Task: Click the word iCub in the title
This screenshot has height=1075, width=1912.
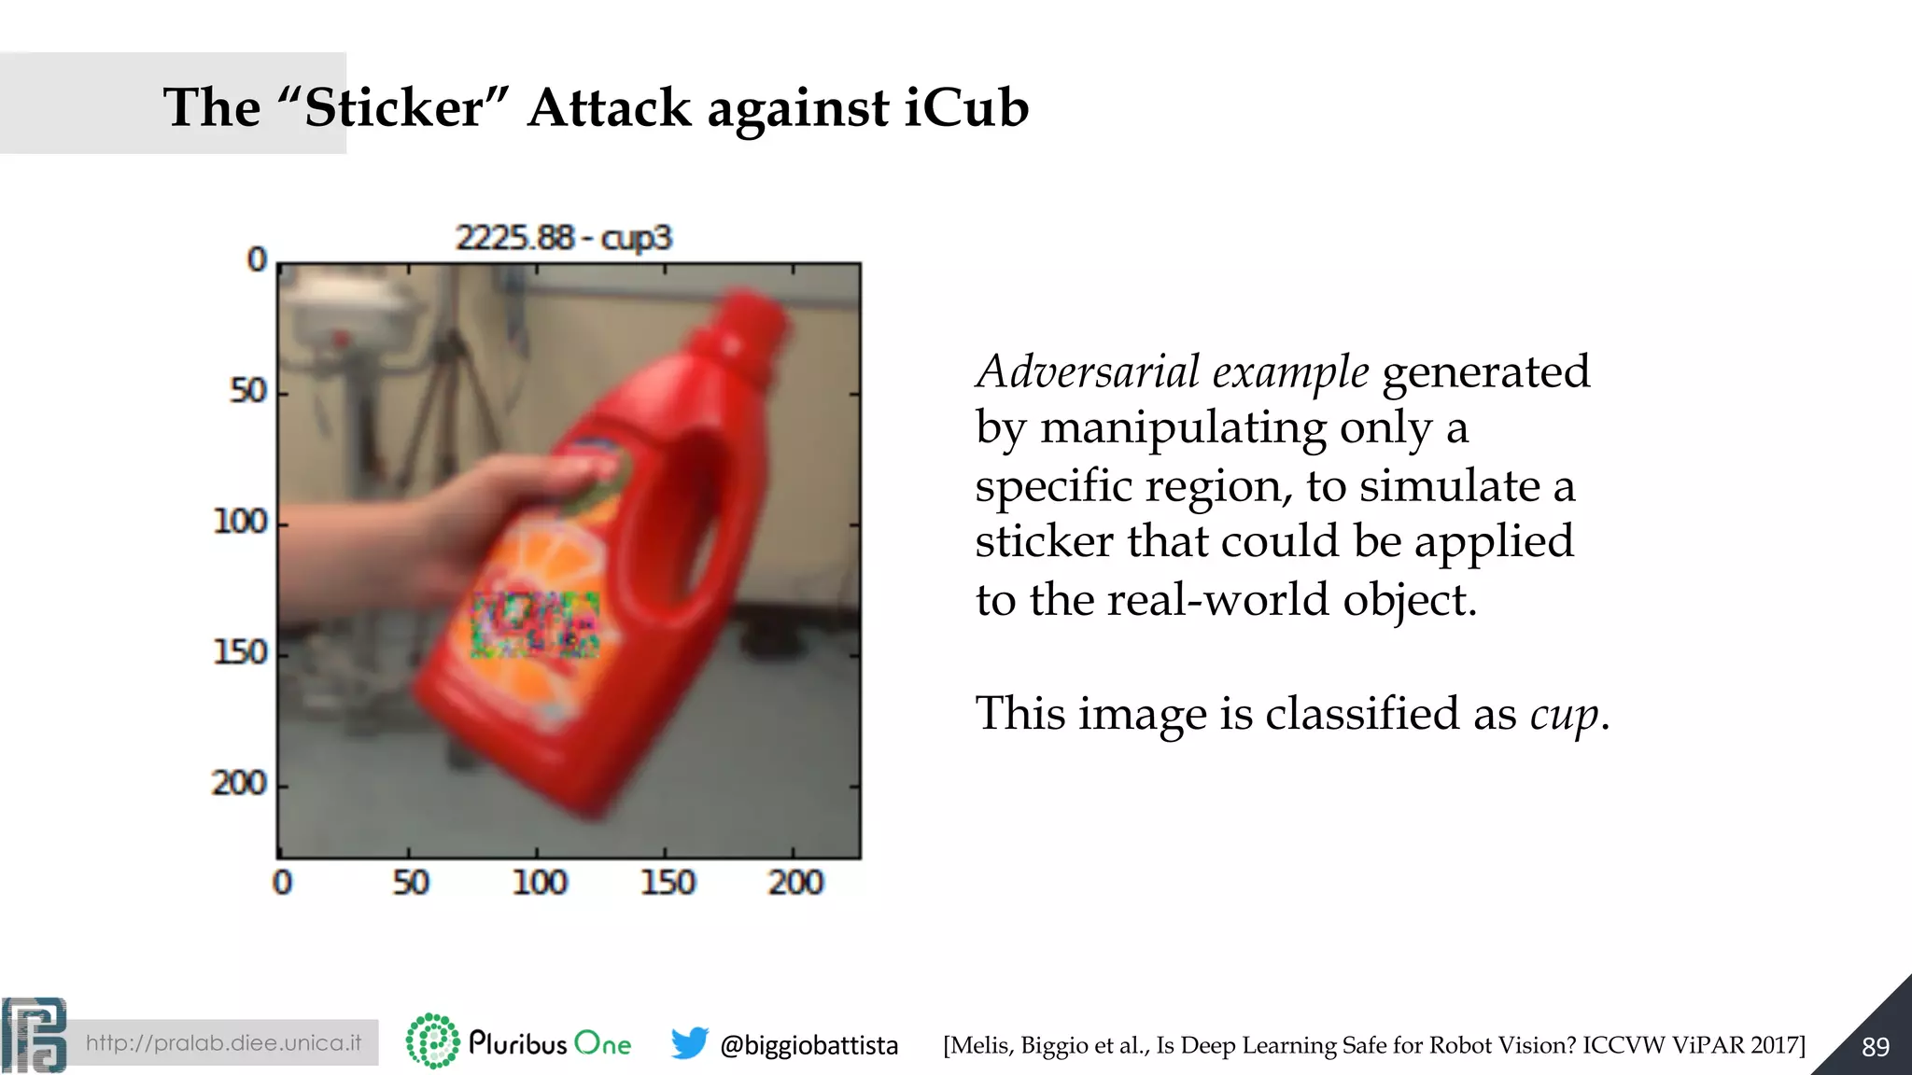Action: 965,107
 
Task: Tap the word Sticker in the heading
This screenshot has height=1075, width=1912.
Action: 393,107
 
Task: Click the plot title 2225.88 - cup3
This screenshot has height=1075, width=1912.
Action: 563,238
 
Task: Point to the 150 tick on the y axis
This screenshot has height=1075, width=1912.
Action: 241,651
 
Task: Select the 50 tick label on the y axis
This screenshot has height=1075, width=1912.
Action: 248,390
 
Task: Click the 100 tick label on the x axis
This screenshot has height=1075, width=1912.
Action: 539,882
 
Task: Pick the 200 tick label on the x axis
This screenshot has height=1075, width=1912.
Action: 795,882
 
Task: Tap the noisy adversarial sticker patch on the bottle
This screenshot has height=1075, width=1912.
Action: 535,624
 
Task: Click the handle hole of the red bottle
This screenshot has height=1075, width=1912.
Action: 705,523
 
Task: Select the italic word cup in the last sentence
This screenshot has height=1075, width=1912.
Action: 1564,715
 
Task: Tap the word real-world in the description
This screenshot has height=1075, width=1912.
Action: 1216,599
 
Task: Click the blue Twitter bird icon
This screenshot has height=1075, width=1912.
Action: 689,1043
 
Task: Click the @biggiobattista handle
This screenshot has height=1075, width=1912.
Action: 808,1045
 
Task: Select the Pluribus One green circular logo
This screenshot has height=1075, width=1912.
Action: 432,1040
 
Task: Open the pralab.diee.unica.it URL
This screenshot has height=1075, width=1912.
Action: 223,1042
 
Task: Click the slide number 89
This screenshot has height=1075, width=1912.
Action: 1875,1047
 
